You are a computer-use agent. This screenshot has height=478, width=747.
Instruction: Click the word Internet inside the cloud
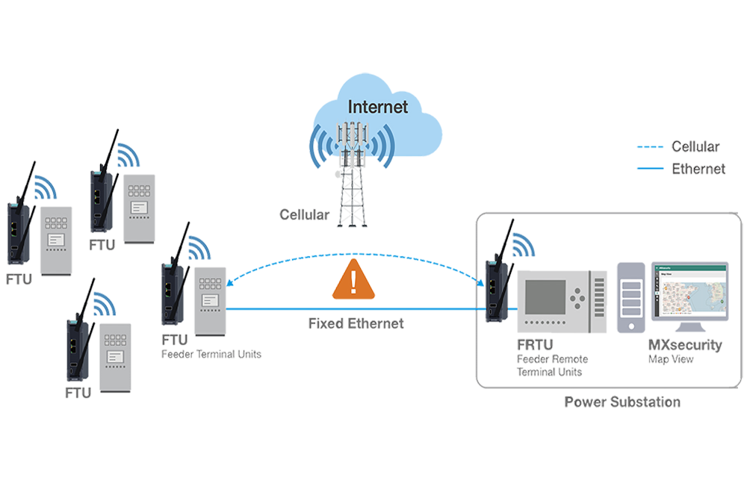(379, 107)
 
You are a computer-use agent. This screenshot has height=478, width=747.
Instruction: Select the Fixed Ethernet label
(356, 324)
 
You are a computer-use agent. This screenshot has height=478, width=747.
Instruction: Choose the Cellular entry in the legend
(695, 147)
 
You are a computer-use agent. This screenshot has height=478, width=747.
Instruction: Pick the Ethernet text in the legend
(698, 169)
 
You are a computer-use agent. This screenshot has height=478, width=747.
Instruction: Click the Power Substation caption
(623, 402)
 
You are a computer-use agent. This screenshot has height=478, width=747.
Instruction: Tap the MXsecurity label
(686, 346)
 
